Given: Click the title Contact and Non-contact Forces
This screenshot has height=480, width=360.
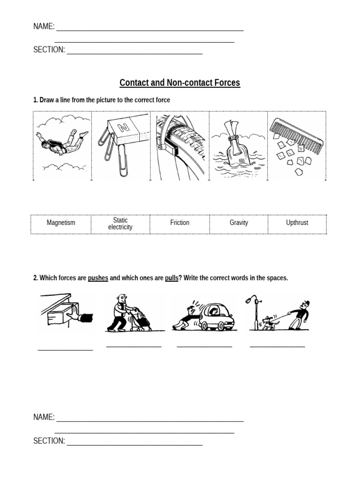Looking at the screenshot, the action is click(x=180, y=83).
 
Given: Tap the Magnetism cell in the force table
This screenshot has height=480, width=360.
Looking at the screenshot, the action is click(x=61, y=223).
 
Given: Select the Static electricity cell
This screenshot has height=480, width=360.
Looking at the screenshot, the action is click(x=120, y=224).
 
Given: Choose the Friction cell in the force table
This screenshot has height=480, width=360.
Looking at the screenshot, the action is click(x=180, y=223).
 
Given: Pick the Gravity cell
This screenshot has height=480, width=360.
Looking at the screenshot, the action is click(x=239, y=223).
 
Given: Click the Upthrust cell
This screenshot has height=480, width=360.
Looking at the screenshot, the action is click(x=297, y=223).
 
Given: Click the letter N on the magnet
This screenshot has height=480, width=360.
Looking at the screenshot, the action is click(x=123, y=127).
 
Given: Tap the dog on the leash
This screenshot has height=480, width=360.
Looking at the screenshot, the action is click(x=269, y=323).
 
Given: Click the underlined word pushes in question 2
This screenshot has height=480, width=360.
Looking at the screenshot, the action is click(x=98, y=278).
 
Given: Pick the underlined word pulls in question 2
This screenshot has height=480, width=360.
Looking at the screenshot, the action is click(x=172, y=278).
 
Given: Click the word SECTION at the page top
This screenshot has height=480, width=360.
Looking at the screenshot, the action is click(x=49, y=50).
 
